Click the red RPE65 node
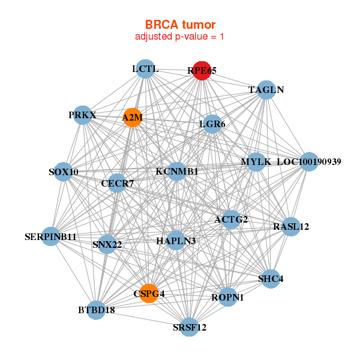point(202,71)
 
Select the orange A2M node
point(133,118)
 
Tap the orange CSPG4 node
point(149,293)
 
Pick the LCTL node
point(145,69)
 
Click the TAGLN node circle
point(266,90)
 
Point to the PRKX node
point(82,115)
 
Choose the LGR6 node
point(212,124)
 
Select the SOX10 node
point(64,172)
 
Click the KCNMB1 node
point(176,171)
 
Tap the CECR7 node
point(118,183)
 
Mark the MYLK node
point(256,162)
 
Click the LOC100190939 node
point(309,161)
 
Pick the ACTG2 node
point(231,220)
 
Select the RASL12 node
point(291,227)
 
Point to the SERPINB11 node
point(50,236)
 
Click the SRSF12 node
point(190,327)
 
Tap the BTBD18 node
point(96,310)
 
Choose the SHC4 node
point(271,279)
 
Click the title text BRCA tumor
point(180,25)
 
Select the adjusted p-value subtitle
point(179,37)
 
